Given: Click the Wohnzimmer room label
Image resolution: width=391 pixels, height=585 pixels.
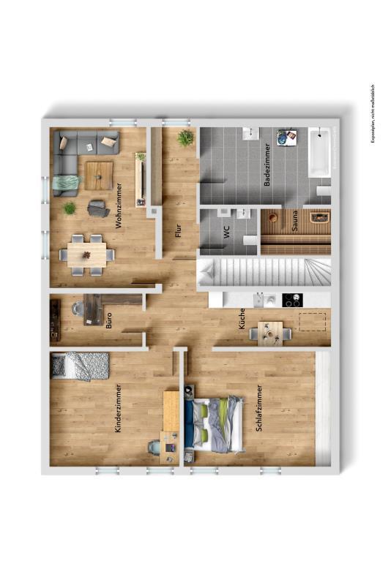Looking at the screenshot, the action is point(119,205).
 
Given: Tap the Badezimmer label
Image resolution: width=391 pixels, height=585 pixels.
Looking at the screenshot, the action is point(267,165).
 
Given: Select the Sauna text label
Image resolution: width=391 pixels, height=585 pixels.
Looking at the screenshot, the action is point(295,221).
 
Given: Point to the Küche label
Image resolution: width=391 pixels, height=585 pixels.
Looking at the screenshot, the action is point(242,319).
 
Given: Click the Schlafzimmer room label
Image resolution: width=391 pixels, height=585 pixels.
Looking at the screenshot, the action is point(258,408).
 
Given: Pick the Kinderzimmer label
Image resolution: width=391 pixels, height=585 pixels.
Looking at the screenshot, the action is point(119,408).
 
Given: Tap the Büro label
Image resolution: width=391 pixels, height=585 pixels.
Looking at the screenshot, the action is point(108,321).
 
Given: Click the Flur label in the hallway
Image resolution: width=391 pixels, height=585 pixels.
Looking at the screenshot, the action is point(178,230).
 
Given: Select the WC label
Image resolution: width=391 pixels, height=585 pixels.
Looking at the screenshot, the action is point(227,232).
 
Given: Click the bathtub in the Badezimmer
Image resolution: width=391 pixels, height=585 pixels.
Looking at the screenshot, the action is point(319,152).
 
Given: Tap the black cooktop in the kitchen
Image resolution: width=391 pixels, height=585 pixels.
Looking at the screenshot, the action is point(292,300).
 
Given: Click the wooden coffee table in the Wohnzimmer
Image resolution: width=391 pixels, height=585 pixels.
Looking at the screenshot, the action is point(99,175).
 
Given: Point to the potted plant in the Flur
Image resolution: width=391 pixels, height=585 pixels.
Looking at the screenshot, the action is point(185,138).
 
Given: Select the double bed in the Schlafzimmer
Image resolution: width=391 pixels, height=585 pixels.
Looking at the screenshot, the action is point(214,424).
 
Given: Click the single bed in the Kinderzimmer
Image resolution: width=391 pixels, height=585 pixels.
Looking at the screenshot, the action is point(80,366).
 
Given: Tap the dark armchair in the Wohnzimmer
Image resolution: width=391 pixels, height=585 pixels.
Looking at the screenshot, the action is point(97,208).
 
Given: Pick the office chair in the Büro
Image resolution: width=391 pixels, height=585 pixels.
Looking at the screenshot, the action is point(78,309).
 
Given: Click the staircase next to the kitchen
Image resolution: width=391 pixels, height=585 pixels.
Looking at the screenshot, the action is point(264,272).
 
